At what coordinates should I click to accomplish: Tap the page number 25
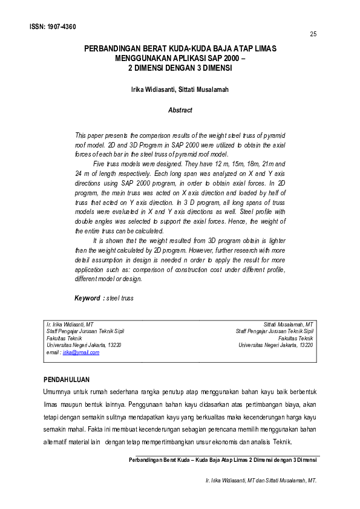click(313, 34)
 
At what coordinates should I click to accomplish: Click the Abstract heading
click(180, 110)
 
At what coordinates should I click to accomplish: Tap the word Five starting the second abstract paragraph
click(100, 164)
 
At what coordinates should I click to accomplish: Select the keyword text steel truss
click(120, 298)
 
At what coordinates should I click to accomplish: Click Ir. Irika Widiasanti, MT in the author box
click(70, 324)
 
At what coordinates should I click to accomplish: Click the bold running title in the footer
click(224, 460)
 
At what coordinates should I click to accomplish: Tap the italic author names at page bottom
click(262, 481)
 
